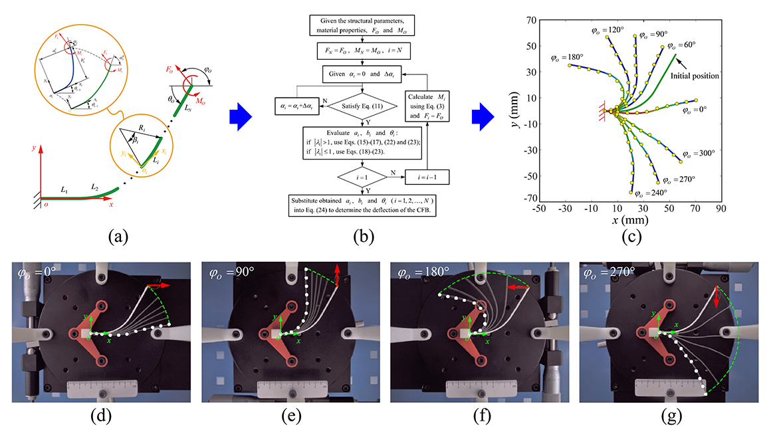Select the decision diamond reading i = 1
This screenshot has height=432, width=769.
click(362, 178)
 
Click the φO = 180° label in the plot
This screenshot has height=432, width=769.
click(567, 58)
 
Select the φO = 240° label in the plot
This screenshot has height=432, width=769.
click(649, 193)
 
